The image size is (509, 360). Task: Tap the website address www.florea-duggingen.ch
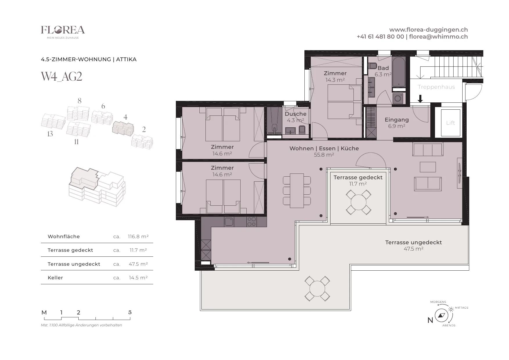tap(428, 30)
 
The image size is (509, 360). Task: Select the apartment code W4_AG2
tap(62, 77)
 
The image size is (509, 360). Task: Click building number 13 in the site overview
tap(50, 134)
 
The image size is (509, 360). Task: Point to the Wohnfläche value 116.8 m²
tap(138, 236)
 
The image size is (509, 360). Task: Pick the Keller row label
tap(55, 278)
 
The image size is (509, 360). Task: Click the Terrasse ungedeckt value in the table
tap(138, 264)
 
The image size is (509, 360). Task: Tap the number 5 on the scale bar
tap(130, 312)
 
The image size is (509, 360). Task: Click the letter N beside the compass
tap(430, 320)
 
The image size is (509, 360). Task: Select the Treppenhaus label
tap(436, 87)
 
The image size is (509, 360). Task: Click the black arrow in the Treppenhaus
tap(420, 99)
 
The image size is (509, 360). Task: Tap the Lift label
tap(450, 123)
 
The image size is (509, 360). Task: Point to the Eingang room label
tap(397, 120)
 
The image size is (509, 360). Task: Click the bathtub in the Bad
tap(399, 72)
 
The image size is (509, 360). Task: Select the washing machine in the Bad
tap(399, 98)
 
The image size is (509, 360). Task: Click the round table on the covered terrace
tap(359, 202)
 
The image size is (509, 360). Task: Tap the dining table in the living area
tap(297, 191)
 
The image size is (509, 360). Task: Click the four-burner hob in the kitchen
tap(251, 222)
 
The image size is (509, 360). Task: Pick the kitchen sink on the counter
tap(229, 222)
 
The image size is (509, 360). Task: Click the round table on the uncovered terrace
tap(317, 289)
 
